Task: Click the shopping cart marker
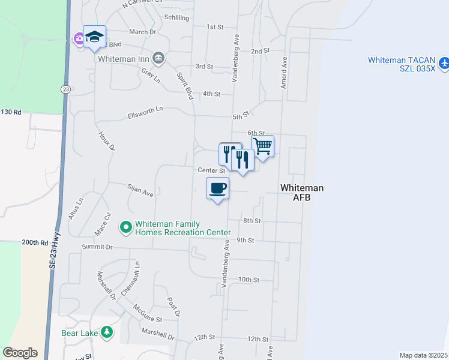click(262, 146)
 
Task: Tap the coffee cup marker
click(218, 188)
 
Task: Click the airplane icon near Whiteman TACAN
click(444, 62)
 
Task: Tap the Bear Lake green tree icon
click(107, 332)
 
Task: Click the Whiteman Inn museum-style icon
click(158, 58)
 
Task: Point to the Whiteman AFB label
click(302, 193)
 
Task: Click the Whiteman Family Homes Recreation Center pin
click(125, 227)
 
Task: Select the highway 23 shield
click(64, 89)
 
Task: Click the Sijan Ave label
click(140, 191)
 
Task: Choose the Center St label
click(211, 170)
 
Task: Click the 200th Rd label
click(35, 242)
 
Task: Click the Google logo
click(20, 353)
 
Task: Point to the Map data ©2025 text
click(423, 355)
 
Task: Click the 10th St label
click(248, 280)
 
